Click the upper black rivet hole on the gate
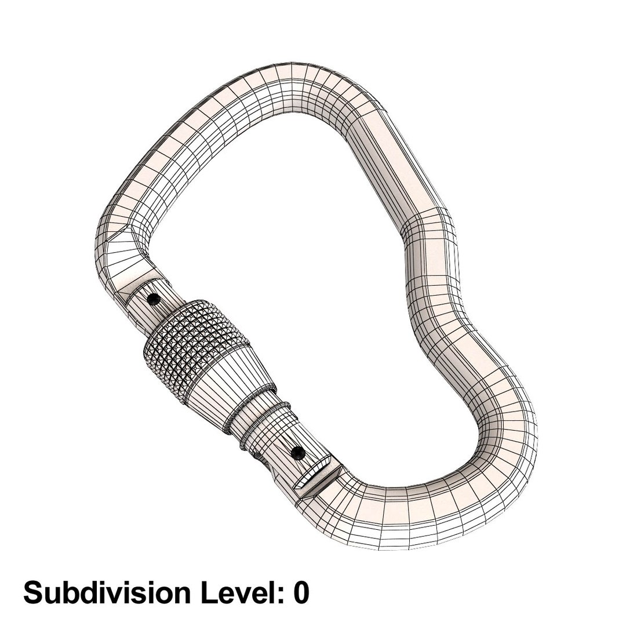(x=154, y=300)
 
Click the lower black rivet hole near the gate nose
(x=298, y=452)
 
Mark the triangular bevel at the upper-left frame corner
(x=125, y=237)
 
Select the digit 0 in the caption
(x=300, y=593)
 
